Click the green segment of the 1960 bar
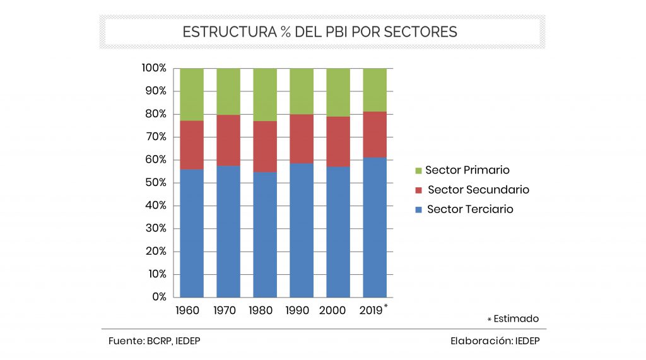[192, 94]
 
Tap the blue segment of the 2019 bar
[375, 227]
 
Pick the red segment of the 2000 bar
[338, 141]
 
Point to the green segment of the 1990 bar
[302, 91]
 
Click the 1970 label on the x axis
[225, 310]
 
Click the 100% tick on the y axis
[153, 67]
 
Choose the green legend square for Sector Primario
[417, 171]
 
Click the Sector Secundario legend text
[478, 190]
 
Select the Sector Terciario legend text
[470, 209]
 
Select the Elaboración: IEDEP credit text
[495, 341]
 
